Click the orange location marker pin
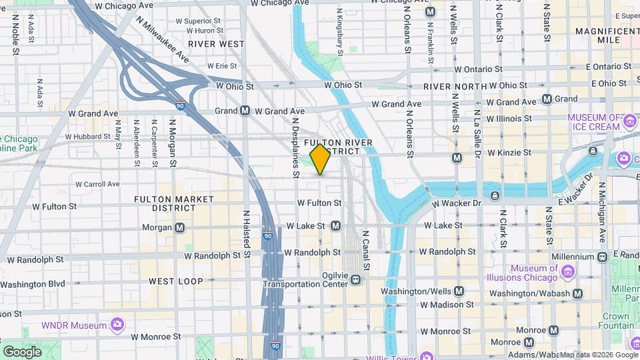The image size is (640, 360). coord(320,159)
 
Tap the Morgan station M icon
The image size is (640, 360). coord(179,228)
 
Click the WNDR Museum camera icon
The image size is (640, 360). coord(117,325)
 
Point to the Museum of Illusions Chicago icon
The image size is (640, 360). coord(567,272)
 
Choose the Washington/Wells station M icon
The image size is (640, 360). coord(459,291)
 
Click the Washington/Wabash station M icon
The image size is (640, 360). coord(577,293)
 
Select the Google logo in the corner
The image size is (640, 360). coord(22,351)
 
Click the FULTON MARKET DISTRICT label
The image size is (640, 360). coord(174,203)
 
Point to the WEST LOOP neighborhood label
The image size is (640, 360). coord(175,281)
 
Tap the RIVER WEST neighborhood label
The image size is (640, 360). coord(216,44)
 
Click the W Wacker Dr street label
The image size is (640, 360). coord(457,203)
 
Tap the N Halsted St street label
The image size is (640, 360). coord(245,234)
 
